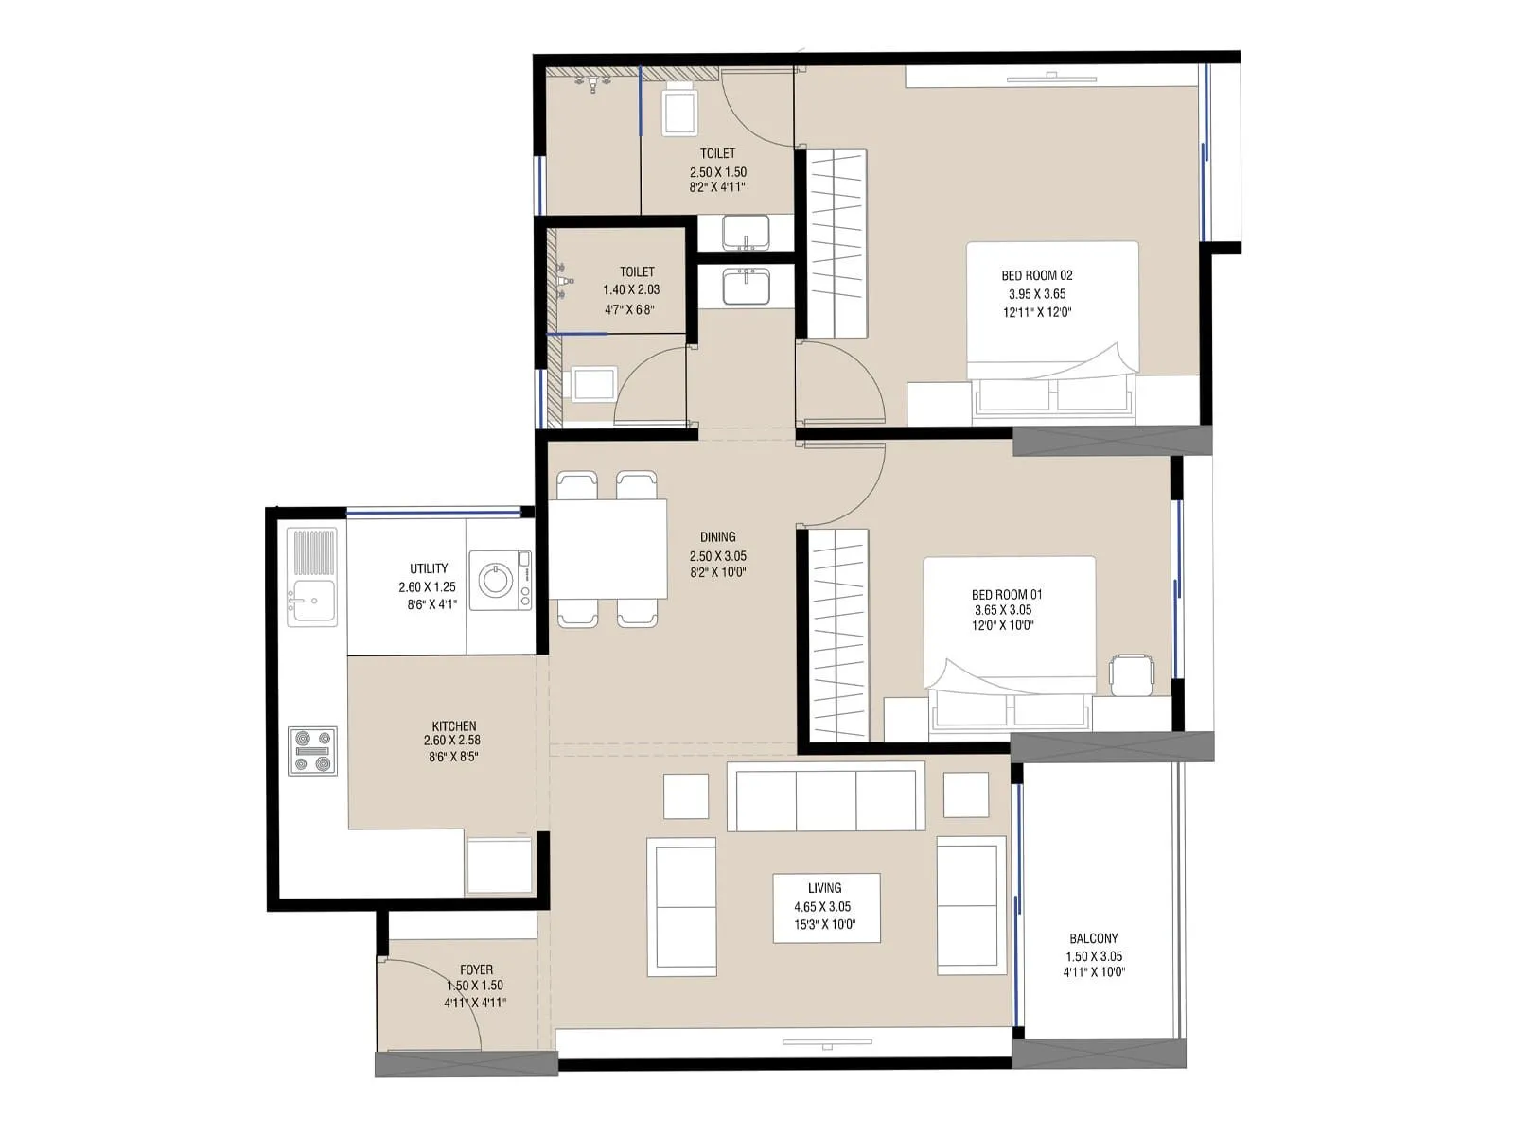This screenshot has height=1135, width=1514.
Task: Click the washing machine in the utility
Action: point(500,579)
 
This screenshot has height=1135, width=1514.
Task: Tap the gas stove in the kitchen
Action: point(313,751)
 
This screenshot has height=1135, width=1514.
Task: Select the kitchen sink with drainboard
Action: point(312,577)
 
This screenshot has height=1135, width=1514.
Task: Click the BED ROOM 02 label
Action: point(1037,275)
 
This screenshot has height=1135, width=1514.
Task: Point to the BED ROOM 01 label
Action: point(1007,594)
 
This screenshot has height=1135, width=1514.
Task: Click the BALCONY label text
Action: point(1094,938)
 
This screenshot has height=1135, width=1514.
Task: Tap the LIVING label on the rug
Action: point(824,887)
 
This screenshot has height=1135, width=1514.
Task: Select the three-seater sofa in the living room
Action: point(825,797)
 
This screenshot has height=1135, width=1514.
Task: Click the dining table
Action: point(607,549)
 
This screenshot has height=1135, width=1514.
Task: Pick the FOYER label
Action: point(476,969)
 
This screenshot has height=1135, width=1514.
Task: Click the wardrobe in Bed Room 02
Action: point(836,244)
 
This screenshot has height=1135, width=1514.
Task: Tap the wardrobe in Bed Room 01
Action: point(838,636)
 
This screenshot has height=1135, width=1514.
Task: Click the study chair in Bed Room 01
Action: point(1132,673)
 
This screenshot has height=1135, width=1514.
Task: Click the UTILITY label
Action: point(429,568)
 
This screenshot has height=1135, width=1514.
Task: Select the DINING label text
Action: point(718,536)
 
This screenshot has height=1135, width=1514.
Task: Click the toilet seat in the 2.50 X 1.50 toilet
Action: point(679,111)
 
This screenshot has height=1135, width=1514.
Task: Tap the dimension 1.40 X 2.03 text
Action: point(631,290)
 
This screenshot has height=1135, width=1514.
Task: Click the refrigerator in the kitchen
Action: point(500,863)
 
